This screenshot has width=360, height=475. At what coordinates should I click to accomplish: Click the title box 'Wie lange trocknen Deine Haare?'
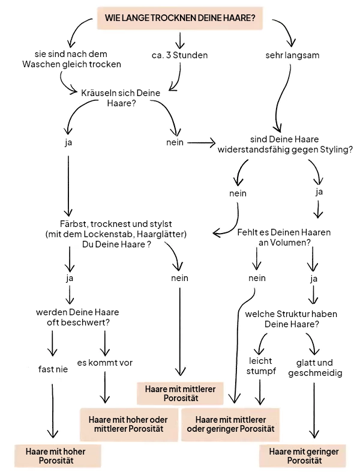(180, 19)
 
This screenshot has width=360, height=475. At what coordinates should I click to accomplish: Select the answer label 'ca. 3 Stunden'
(179, 55)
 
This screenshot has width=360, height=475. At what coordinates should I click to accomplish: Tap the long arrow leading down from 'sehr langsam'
(281, 96)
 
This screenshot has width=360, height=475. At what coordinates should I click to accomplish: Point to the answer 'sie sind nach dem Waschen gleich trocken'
(71, 59)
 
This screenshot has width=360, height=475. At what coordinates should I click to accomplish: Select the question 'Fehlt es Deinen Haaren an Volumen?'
(284, 237)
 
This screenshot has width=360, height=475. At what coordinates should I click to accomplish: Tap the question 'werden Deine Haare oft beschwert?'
(77, 318)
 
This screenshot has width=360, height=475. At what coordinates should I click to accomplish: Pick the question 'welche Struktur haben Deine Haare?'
(292, 318)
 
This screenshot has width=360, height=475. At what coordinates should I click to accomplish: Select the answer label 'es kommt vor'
(105, 363)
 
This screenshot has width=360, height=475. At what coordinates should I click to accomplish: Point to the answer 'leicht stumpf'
(260, 366)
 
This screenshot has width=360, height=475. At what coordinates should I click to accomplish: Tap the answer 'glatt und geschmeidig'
(315, 368)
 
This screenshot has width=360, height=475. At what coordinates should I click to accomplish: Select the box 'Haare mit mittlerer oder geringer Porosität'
(231, 424)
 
